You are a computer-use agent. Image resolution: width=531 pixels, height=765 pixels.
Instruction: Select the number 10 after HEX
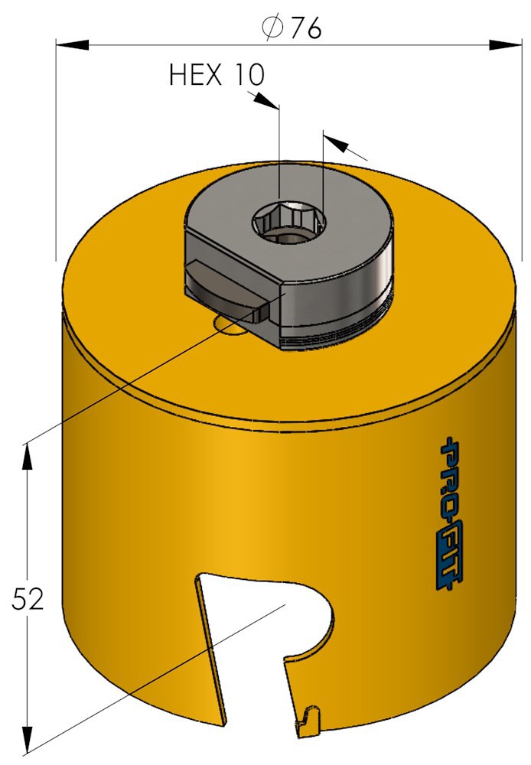(x=246, y=75)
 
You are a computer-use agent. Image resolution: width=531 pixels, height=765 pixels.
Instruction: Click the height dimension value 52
(x=28, y=599)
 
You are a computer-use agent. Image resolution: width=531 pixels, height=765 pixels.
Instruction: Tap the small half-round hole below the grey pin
(x=230, y=324)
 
